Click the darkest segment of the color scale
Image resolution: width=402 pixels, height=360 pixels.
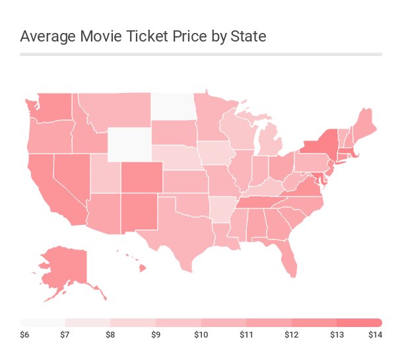click(359, 322)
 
